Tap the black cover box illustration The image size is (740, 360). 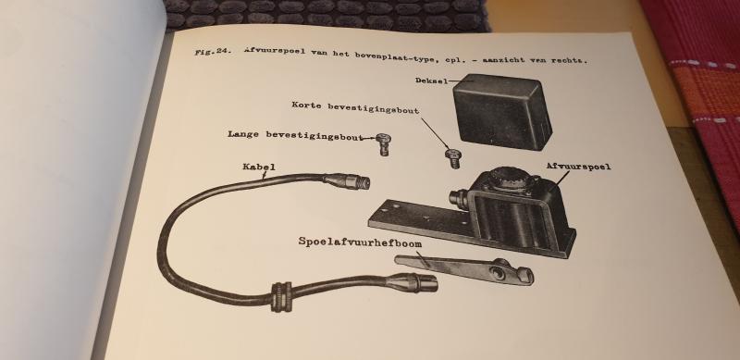click(x=499, y=114)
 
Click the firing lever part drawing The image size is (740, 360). click(x=462, y=268)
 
